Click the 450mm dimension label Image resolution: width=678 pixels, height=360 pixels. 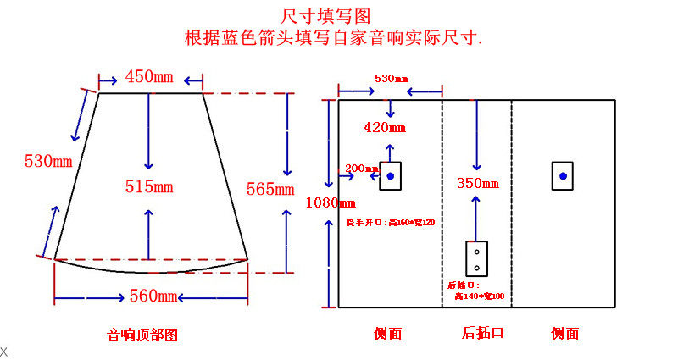coord(151,77)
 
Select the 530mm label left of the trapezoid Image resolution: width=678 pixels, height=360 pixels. coord(48,160)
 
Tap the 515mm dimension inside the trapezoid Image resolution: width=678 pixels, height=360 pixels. coord(149,186)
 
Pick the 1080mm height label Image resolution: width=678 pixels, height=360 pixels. coord(330,202)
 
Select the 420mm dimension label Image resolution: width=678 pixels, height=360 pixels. coord(384,128)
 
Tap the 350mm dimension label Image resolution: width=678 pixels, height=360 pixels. coord(477,182)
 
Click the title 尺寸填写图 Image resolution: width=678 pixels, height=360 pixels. coord(326,16)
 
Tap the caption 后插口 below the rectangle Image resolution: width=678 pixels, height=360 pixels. coord(483,333)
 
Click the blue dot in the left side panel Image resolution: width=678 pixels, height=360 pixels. coord(390,176)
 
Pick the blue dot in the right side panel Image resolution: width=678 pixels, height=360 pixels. coord(563,176)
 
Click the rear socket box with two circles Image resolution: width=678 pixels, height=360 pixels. coord(477,260)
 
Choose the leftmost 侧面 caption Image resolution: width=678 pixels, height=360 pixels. coord(388,334)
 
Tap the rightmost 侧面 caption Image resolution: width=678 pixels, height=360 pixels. coord(565,334)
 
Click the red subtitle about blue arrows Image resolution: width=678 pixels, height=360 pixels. coord(334,38)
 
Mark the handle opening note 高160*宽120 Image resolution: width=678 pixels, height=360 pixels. coord(390,222)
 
